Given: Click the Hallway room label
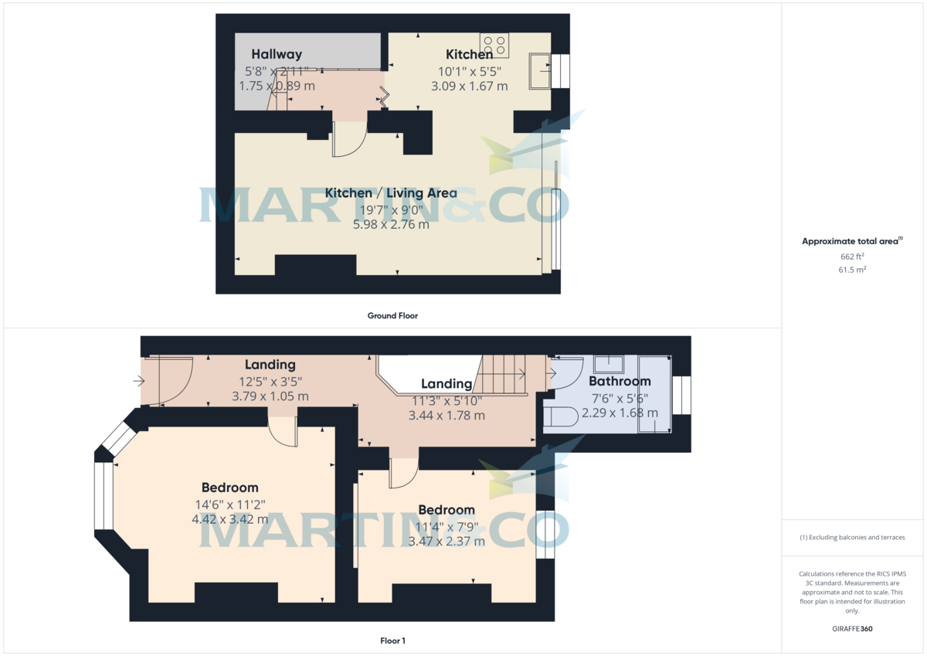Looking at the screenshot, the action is tap(277, 54).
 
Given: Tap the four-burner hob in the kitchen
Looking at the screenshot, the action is tap(494, 45).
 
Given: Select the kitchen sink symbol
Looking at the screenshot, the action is tap(540, 71).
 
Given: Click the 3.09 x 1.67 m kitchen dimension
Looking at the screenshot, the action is tap(470, 86).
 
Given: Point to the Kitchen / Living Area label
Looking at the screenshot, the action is tap(391, 193).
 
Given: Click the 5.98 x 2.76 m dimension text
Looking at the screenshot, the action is tap(391, 224).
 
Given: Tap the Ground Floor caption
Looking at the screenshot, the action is tap(392, 316).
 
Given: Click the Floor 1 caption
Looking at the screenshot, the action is tap(392, 641).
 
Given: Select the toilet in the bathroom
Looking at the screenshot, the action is tap(560, 416).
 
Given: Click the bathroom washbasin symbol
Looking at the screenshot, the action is tap(609, 364).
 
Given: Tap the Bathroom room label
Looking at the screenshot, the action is tap(620, 381).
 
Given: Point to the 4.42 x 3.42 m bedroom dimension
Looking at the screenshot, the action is tap(229, 519).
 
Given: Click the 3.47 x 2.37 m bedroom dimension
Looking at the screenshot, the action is tap(447, 542).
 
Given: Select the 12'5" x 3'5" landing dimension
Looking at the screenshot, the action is tap(270, 382).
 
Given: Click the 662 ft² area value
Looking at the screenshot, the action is tap(852, 257).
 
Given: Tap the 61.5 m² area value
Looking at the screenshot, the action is tap(852, 270).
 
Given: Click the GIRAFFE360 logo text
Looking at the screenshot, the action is tap(852, 629).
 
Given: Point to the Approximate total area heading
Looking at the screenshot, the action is tap(851, 241).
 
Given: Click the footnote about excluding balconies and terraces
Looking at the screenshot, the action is tap(852, 538).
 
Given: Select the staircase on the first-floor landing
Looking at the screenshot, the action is tap(501, 375).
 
